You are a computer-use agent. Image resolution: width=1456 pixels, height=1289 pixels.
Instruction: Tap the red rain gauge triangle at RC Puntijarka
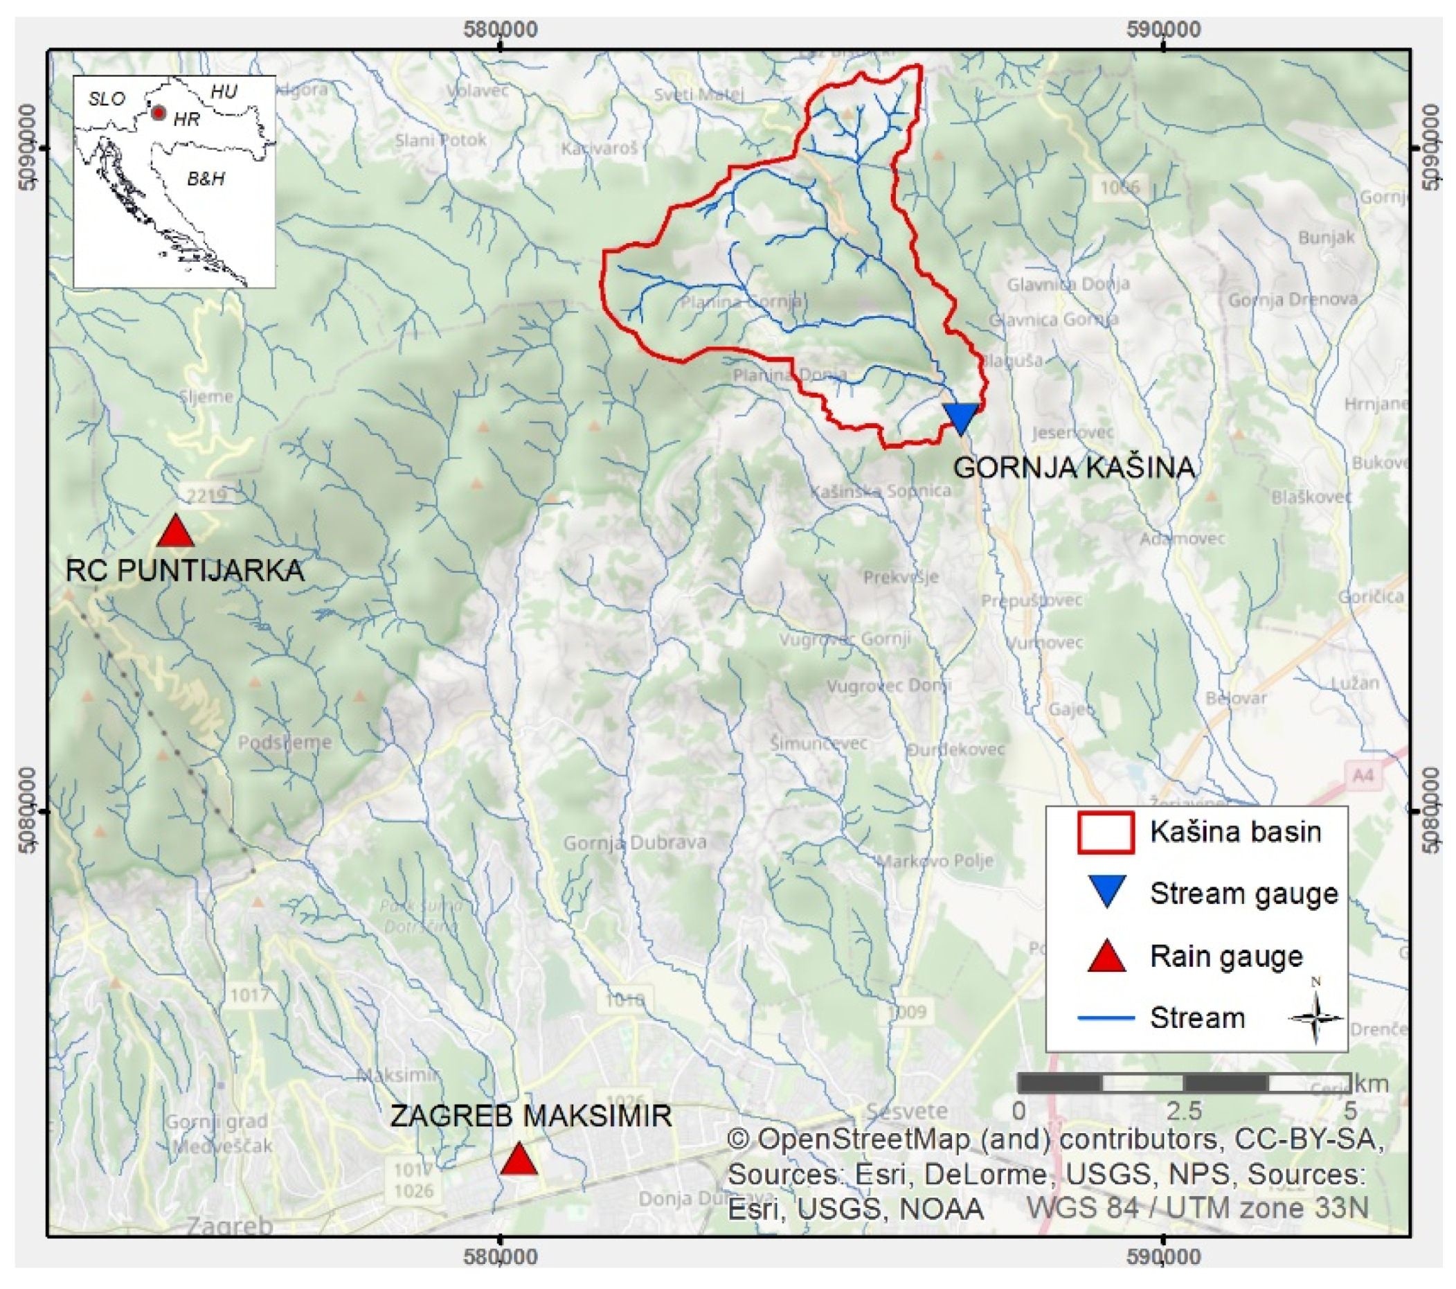(x=175, y=532)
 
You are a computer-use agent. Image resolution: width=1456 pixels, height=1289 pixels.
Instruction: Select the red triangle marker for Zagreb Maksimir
(x=519, y=1160)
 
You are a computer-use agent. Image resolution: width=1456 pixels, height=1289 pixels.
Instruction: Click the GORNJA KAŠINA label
(x=1073, y=468)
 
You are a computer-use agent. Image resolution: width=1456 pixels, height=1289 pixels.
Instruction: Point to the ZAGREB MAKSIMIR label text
(x=531, y=1116)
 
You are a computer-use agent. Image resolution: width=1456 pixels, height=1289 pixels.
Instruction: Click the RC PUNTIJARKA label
(x=184, y=571)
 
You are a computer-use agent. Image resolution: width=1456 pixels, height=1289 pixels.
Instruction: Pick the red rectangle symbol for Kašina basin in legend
(x=1106, y=833)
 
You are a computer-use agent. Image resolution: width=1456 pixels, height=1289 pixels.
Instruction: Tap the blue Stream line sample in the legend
(x=1106, y=1018)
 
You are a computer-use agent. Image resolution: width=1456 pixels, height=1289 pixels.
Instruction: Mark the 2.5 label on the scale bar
(x=1184, y=1111)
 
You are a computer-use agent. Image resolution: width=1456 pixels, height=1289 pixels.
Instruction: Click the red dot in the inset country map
(x=159, y=113)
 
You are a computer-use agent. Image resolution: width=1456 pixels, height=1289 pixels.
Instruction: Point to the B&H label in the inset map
(x=206, y=178)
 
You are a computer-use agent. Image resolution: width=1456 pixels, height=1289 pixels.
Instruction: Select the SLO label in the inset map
(x=106, y=99)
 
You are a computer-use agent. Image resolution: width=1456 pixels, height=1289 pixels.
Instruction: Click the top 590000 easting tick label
(x=1163, y=29)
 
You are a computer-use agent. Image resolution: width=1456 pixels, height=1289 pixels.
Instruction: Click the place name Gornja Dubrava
(x=635, y=843)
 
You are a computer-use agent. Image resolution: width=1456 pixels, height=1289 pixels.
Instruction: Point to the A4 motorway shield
(x=1362, y=774)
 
